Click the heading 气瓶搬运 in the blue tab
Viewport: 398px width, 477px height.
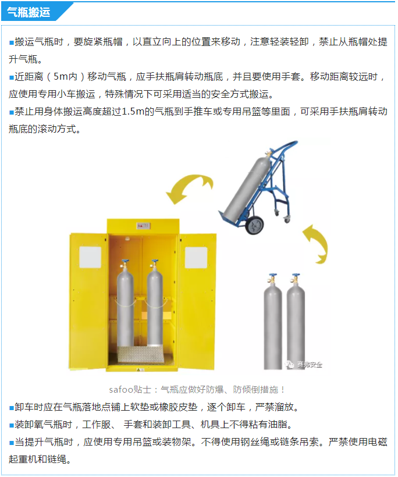pyautogui.click(x=29, y=12)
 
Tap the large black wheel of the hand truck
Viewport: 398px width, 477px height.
pyautogui.click(x=254, y=225)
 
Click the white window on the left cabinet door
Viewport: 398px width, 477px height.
pyautogui.click(x=90, y=257)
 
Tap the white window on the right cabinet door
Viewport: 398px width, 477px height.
pyautogui.click(x=196, y=258)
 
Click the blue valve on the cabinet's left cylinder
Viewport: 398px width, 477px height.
pyautogui.click(x=125, y=262)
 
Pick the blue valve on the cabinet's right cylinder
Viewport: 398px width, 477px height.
pyautogui.click(x=155, y=262)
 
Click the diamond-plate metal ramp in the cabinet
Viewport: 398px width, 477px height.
pyautogui.click(x=141, y=354)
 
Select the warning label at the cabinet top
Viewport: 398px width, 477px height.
pyautogui.click(x=143, y=226)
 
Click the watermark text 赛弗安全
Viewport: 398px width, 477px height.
pyautogui.click(x=310, y=364)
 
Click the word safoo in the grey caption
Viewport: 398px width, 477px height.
pyautogui.click(x=121, y=390)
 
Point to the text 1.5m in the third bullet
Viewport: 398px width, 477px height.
pyautogui.click(x=133, y=112)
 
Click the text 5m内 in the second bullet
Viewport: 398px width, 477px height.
pyautogui.click(x=65, y=76)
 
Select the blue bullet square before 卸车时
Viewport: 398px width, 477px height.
pyautogui.click(x=12, y=408)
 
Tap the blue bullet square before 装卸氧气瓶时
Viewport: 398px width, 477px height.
pyautogui.click(x=12, y=425)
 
